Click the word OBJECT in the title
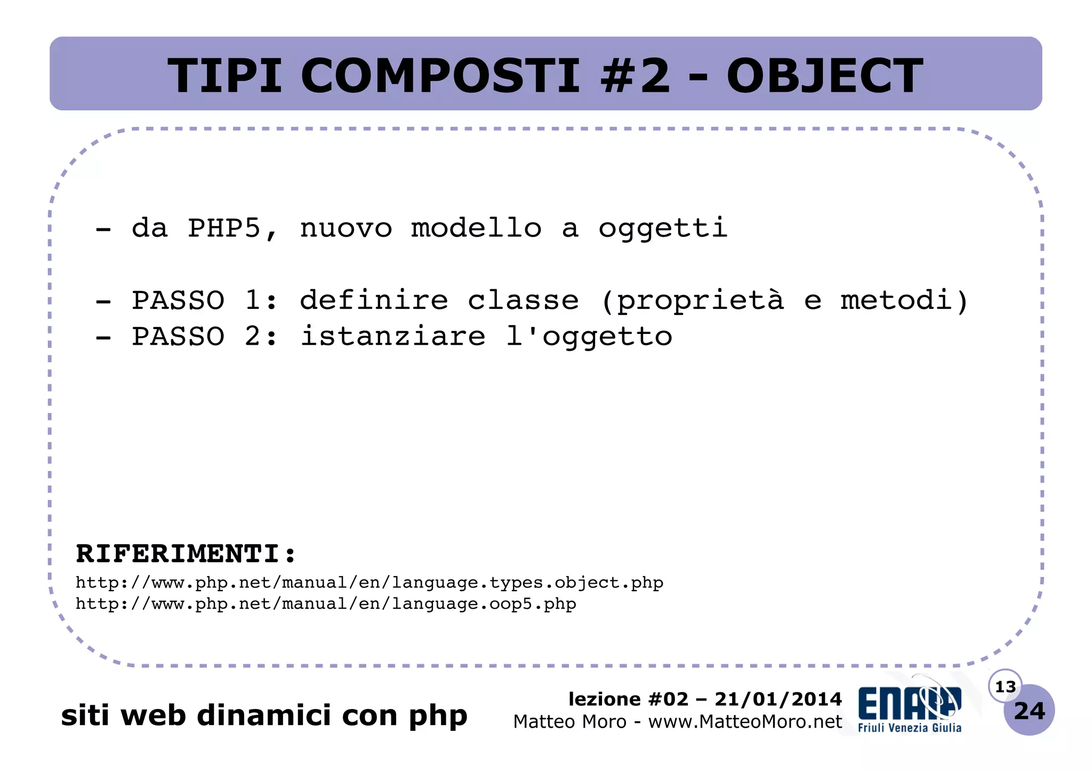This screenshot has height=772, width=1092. pos(824,76)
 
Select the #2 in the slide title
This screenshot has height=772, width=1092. pos(635,76)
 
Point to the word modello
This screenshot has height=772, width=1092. pos(476,228)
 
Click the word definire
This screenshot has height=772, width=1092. pos(374,300)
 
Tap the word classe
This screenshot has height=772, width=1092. pos(523,300)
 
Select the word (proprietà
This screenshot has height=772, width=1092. pos(692,300)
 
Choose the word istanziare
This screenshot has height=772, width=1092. pos(393,336)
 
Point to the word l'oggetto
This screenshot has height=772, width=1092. pos(589,337)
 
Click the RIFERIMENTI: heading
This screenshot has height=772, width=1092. pos(186,553)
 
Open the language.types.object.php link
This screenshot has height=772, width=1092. pos(369,583)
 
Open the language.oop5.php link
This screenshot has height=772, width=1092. pos(326,604)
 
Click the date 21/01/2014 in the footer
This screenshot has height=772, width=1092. pos(778,699)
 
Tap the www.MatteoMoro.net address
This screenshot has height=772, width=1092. pos(745,722)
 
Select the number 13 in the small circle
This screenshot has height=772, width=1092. pos(1005,687)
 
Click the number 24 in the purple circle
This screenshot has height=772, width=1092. pos(1029,711)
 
